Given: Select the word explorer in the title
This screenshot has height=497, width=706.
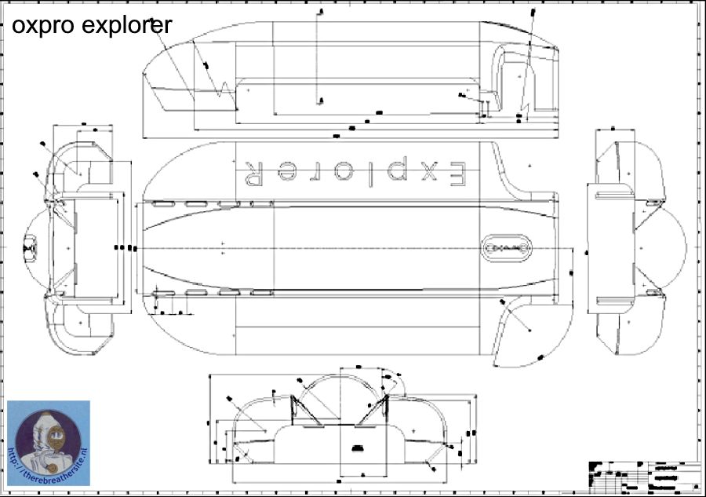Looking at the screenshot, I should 127,26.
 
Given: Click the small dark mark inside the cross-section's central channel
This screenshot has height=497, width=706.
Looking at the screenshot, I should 358,447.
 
